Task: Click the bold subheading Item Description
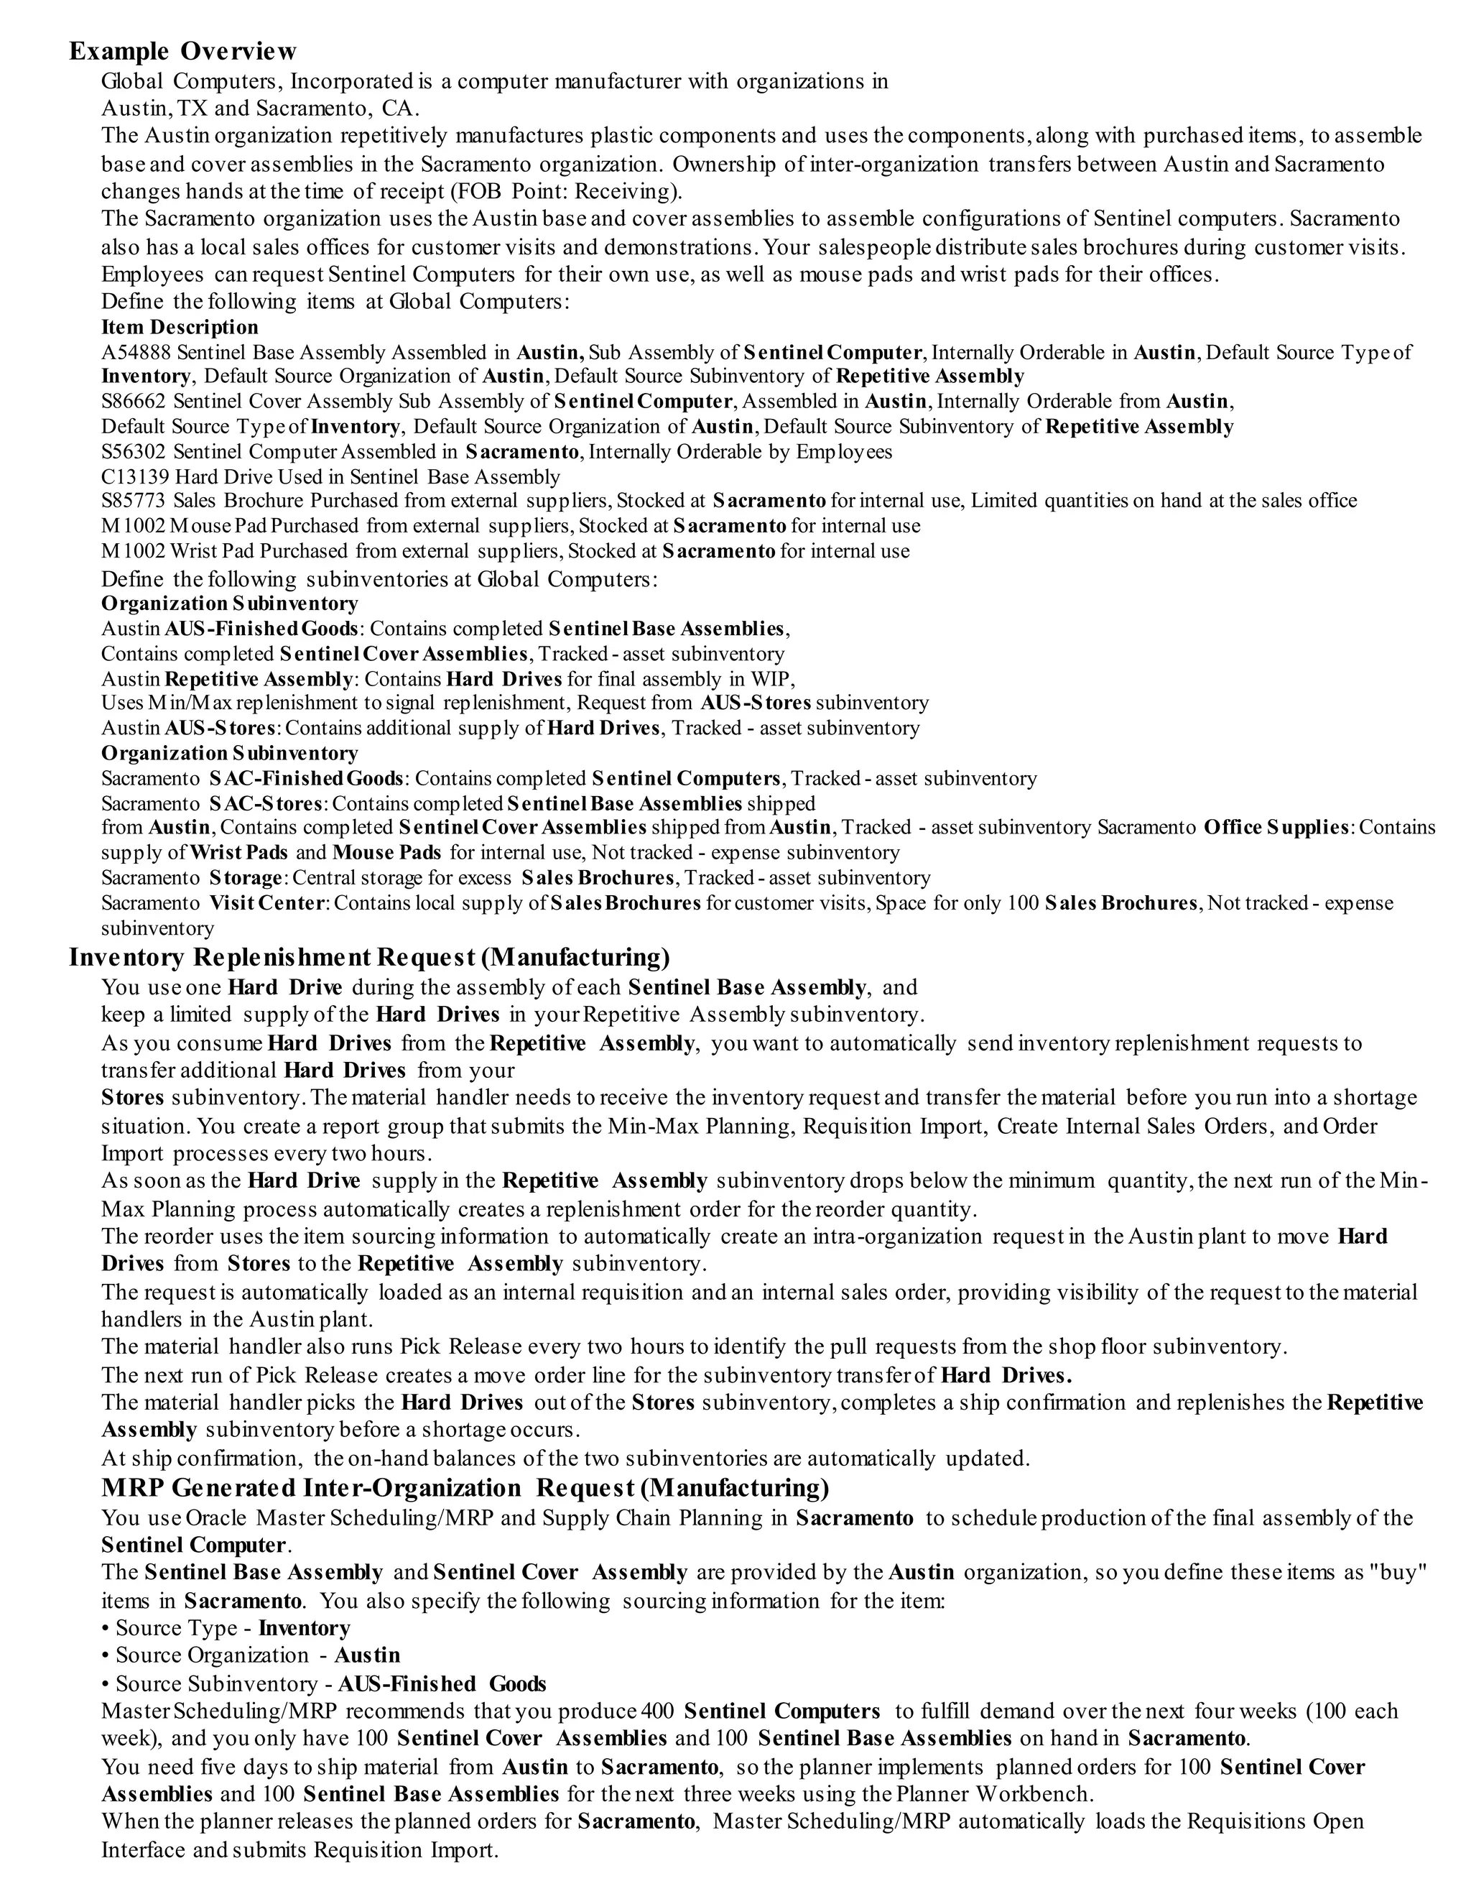click(x=180, y=328)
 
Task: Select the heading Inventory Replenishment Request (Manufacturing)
click(x=369, y=958)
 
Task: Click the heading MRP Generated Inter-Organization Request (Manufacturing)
click(x=465, y=1487)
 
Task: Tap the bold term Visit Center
click(x=267, y=903)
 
